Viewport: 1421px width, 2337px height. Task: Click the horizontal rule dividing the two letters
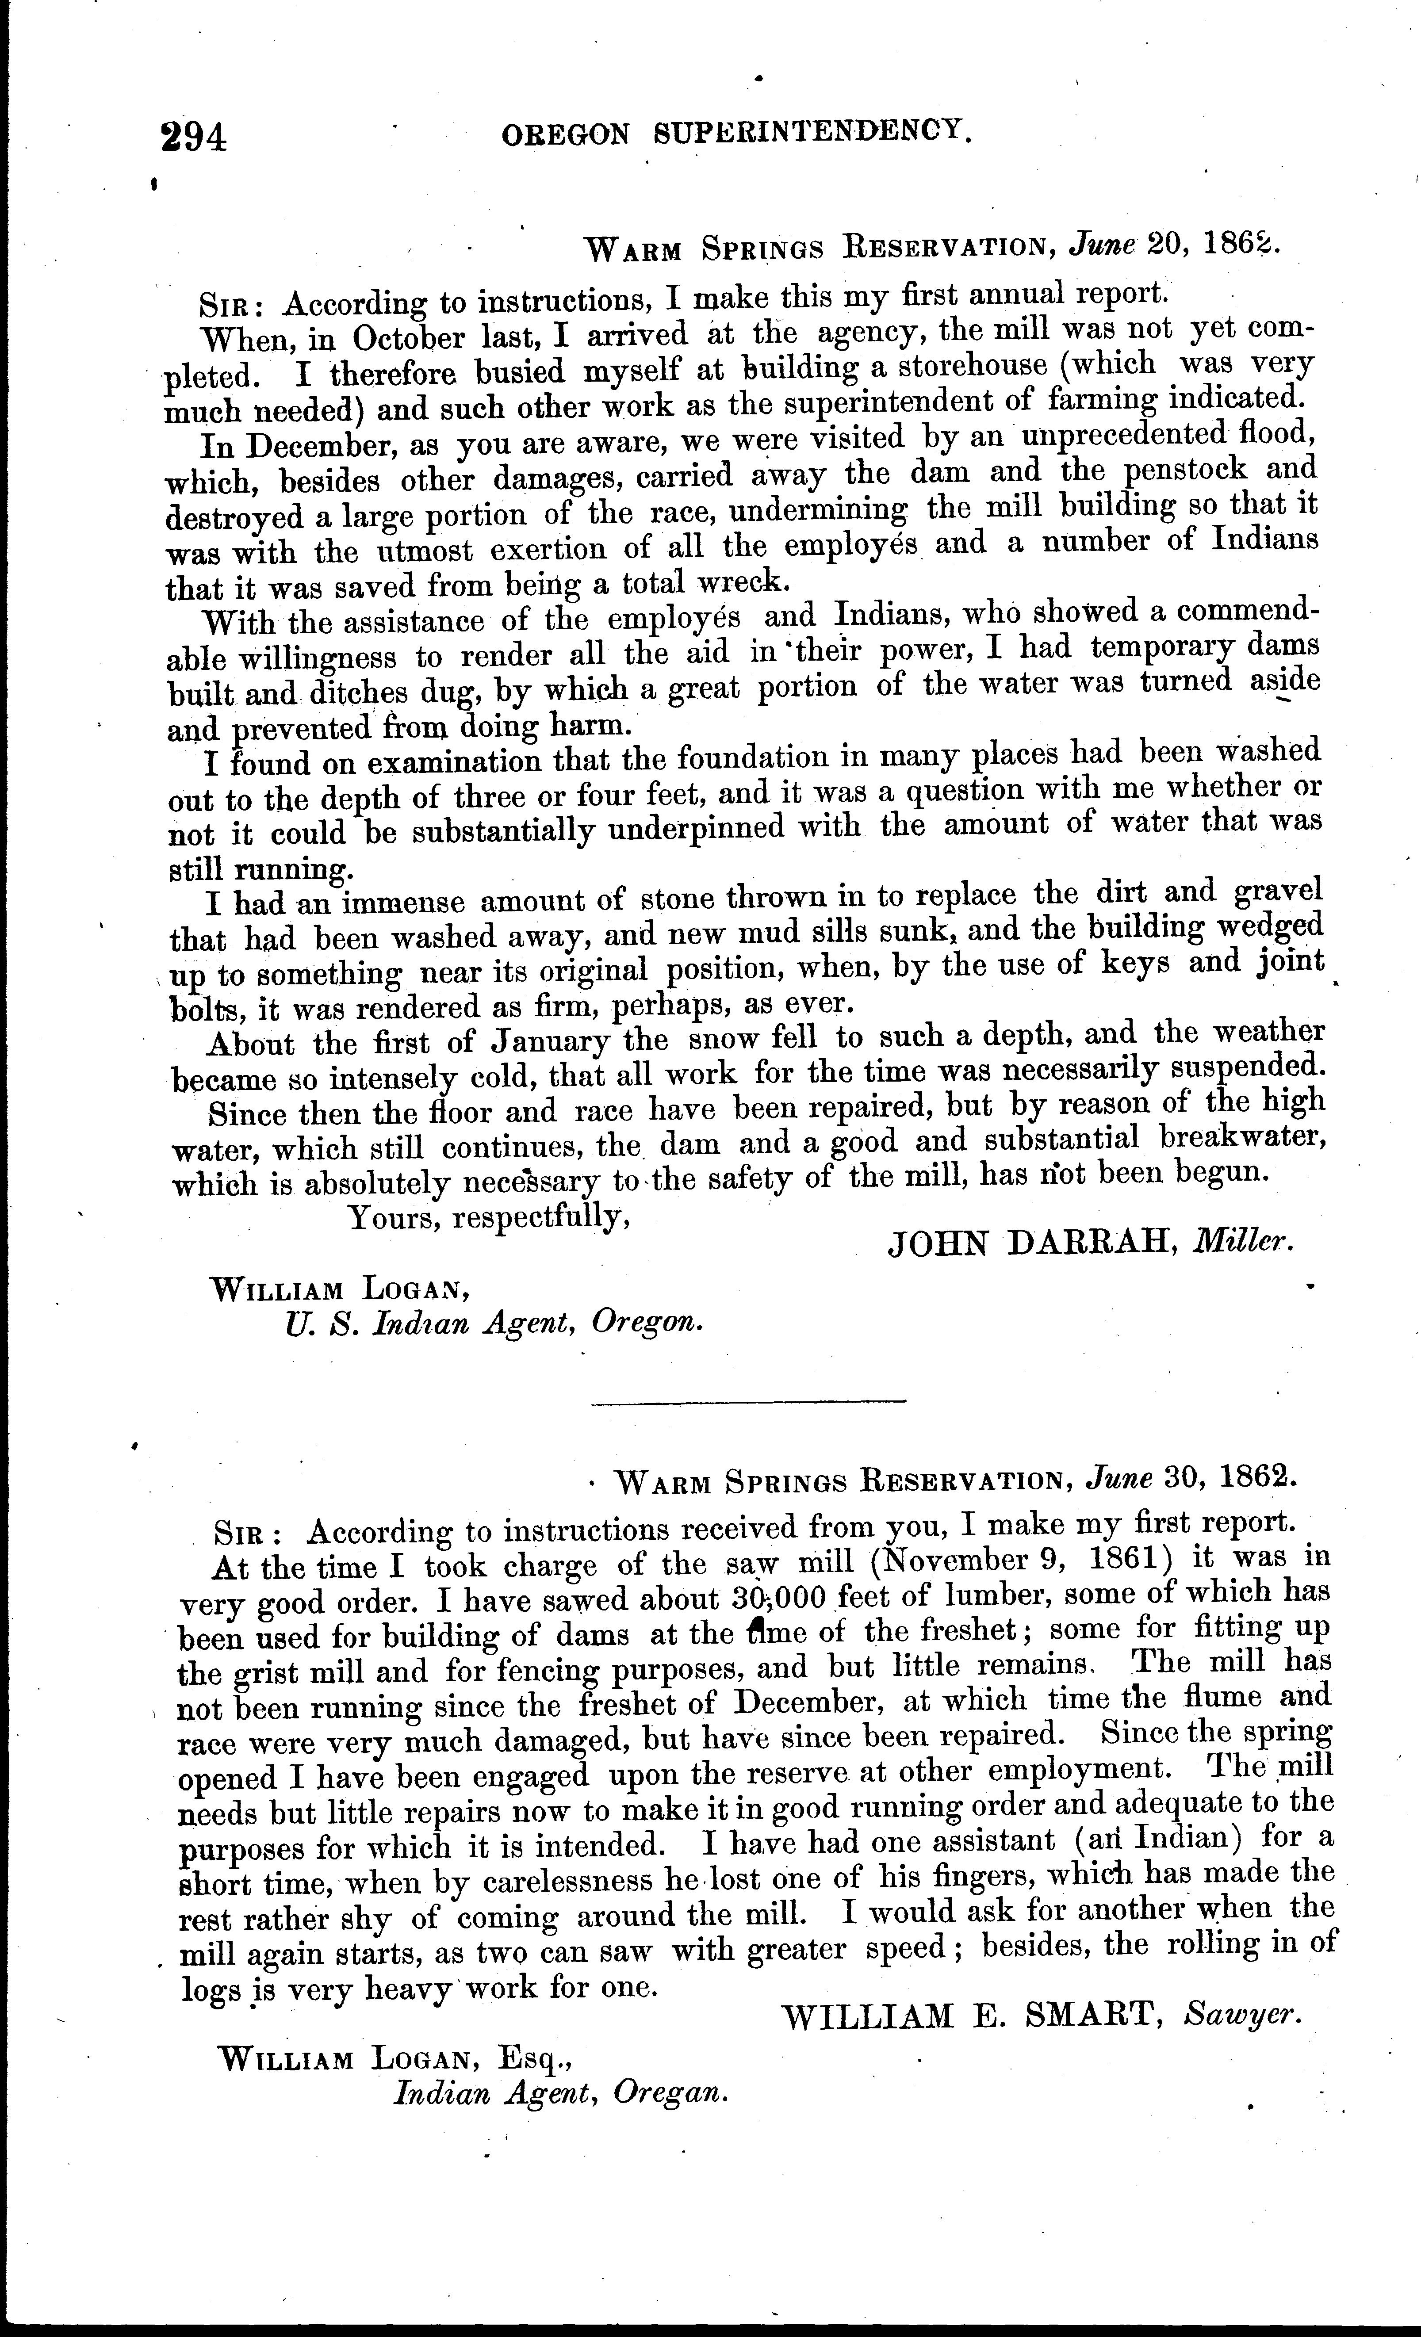748,1400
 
